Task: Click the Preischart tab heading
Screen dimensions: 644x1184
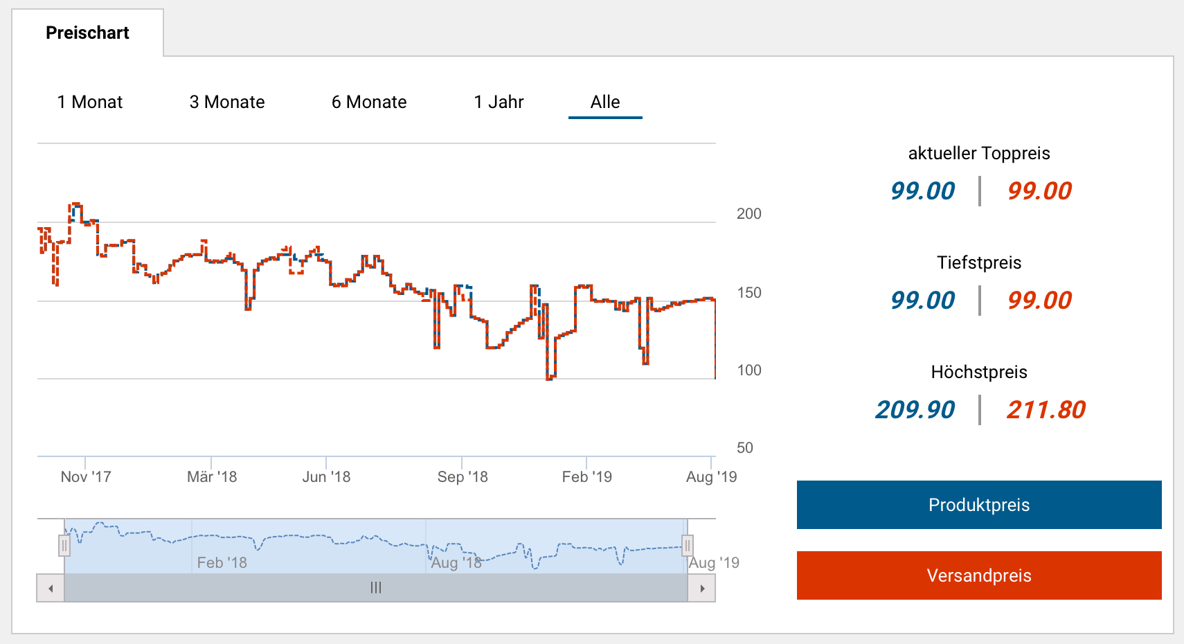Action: coord(87,33)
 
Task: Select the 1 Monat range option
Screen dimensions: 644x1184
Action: coord(90,102)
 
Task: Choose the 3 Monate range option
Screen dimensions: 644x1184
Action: coord(227,102)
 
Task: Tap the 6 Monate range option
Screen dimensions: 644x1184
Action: coord(369,102)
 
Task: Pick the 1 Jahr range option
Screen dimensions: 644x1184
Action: coord(499,102)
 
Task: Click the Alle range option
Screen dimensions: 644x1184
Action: coord(605,102)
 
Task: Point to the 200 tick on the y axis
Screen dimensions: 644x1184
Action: coord(748,213)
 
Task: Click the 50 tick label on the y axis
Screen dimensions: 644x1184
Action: coord(744,447)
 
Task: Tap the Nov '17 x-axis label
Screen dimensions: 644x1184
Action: coord(86,476)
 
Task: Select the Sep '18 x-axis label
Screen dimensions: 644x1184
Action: coord(463,476)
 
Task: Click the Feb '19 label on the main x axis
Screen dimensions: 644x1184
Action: coord(586,476)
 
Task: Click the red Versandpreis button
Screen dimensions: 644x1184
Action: coord(978,575)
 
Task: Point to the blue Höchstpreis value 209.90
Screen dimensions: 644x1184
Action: coord(915,409)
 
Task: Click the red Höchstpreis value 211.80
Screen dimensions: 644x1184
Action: coord(1046,409)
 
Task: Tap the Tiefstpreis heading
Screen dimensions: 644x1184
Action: coord(978,262)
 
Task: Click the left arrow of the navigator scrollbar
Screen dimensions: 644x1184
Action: coord(51,588)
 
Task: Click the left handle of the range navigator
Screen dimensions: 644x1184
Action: coord(64,546)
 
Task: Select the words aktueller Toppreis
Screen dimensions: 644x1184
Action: coord(978,153)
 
